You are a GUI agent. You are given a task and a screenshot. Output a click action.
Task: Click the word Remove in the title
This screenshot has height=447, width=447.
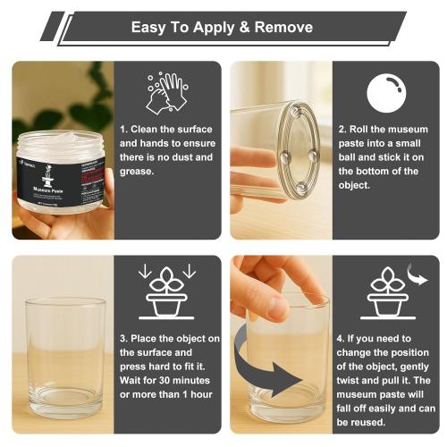coord(282,27)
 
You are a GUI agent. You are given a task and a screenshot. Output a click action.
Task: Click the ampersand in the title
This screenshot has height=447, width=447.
coord(238,27)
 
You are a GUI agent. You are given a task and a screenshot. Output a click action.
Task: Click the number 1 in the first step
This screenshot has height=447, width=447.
coord(122,129)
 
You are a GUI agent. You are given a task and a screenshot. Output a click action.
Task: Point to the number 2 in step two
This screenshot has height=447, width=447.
coord(342,129)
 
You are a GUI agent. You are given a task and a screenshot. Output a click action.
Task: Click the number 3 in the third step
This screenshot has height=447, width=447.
coord(122,338)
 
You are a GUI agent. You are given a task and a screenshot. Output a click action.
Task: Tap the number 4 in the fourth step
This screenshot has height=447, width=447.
coord(342,339)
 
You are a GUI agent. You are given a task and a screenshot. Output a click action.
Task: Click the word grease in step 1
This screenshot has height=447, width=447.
coord(139,172)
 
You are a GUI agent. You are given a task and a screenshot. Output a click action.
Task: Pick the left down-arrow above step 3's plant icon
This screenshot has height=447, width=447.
coord(144,270)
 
